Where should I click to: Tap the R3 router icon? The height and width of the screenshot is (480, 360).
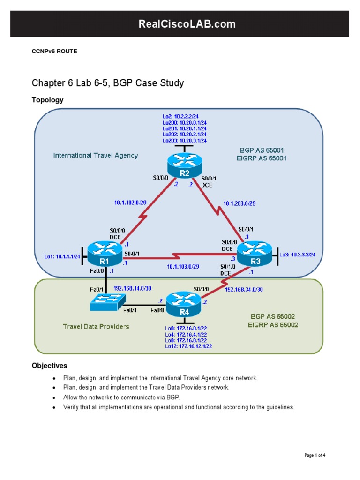254,254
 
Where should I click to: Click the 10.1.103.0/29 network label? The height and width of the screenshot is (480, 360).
183,266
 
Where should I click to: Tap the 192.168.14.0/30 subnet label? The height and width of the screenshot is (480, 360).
132,289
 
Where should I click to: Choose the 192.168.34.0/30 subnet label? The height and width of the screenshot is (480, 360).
244,289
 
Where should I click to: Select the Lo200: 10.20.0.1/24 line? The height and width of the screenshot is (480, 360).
184,122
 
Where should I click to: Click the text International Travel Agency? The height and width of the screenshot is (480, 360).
96,155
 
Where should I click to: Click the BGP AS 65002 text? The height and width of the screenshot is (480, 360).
273,316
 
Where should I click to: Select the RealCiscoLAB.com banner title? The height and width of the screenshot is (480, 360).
180,24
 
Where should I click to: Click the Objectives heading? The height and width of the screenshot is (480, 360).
49,365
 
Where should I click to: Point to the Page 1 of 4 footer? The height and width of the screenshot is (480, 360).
315,455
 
